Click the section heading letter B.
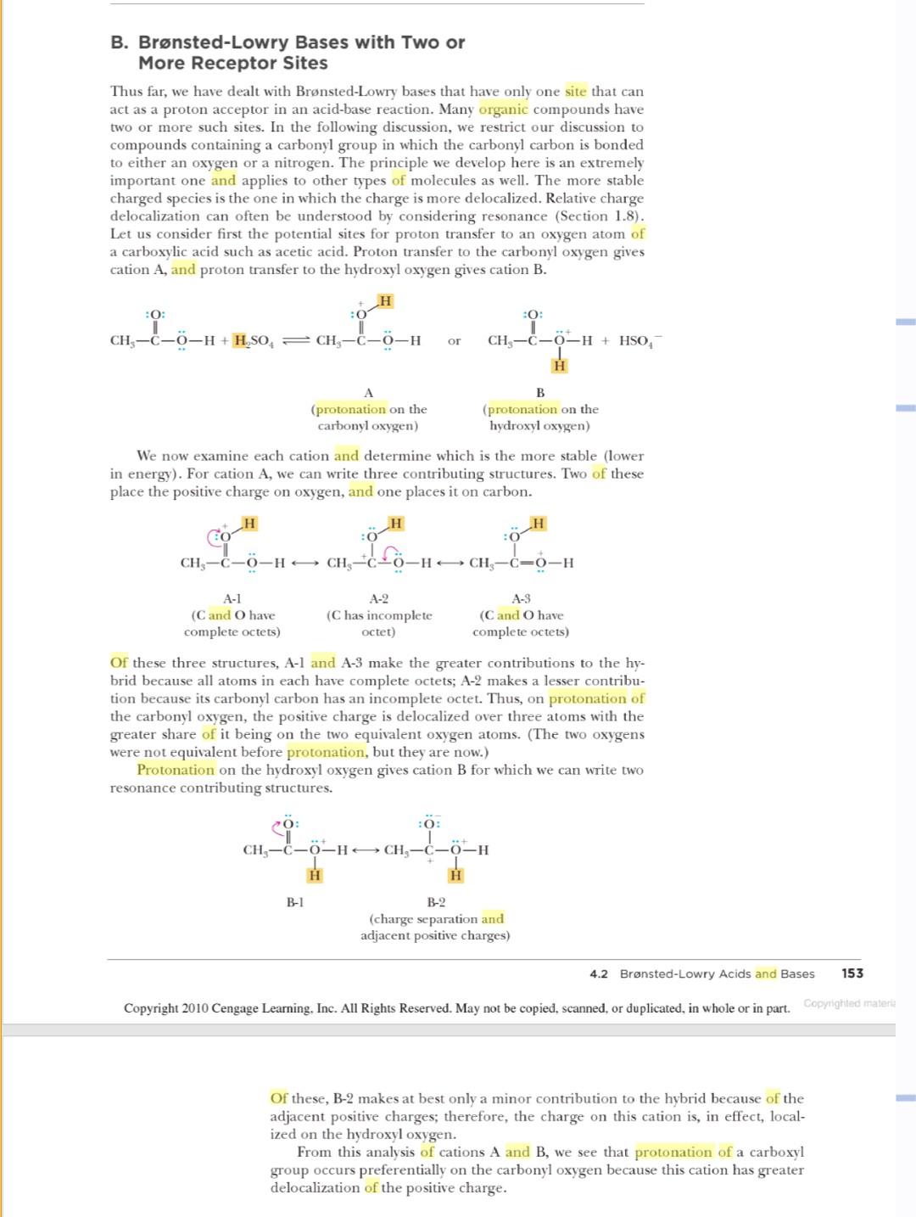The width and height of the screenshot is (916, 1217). pyautogui.click(x=118, y=42)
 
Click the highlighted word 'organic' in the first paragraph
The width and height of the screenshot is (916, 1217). pyautogui.click(x=503, y=109)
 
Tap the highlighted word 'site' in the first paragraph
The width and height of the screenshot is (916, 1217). pyautogui.click(x=575, y=92)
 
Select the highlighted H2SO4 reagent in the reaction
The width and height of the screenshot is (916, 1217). pyautogui.click(x=252, y=341)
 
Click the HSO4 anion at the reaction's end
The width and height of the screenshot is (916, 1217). pyautogui.click(x=638, y=341)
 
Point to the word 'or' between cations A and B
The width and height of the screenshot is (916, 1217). pyautogui.click(x=454, y=341)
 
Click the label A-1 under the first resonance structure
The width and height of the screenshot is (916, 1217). pyautogui.click(x=232, y=598)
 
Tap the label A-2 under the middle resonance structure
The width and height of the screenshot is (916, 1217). pyautogui.click(x=379, y=598)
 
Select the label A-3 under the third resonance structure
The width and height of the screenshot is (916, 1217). pyautogui.click(x=521, y=598)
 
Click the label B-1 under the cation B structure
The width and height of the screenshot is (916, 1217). pyautogui.click(x=294, y=902)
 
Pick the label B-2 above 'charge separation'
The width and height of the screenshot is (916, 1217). pyautogui.click(x=436, y=902)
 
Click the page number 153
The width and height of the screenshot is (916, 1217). pyautogui.click(x=852, y=973)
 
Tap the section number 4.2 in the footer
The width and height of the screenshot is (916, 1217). pyautogui.click(x=599, y=974)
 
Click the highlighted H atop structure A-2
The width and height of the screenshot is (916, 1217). pyautogui.click(x=395, y=523)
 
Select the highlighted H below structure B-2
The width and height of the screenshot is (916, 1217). pyautogui.click(x=456, y=875)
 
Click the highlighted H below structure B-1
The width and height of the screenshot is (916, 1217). pyautogui.click(x=315, y=875)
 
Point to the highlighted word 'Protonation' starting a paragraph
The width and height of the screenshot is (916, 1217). pyautogui.click(x=176, y=770)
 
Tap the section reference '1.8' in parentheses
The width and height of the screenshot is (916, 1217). pyautogui.click(x=626, y=216)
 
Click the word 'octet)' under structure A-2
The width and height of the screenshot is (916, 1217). pyautogui.click(x=378, y=631)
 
